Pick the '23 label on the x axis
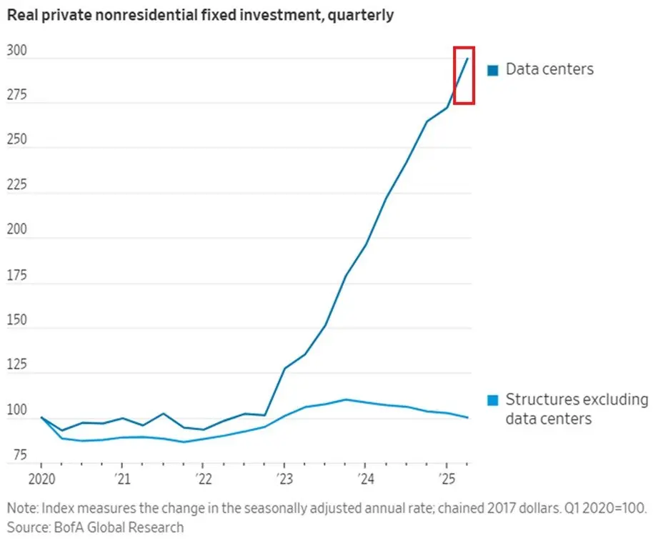pos(284,477)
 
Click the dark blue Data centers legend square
pos(493,70)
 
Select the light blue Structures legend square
pos(493,400)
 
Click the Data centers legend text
pos(549,69)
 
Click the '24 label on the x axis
pos(364,477)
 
